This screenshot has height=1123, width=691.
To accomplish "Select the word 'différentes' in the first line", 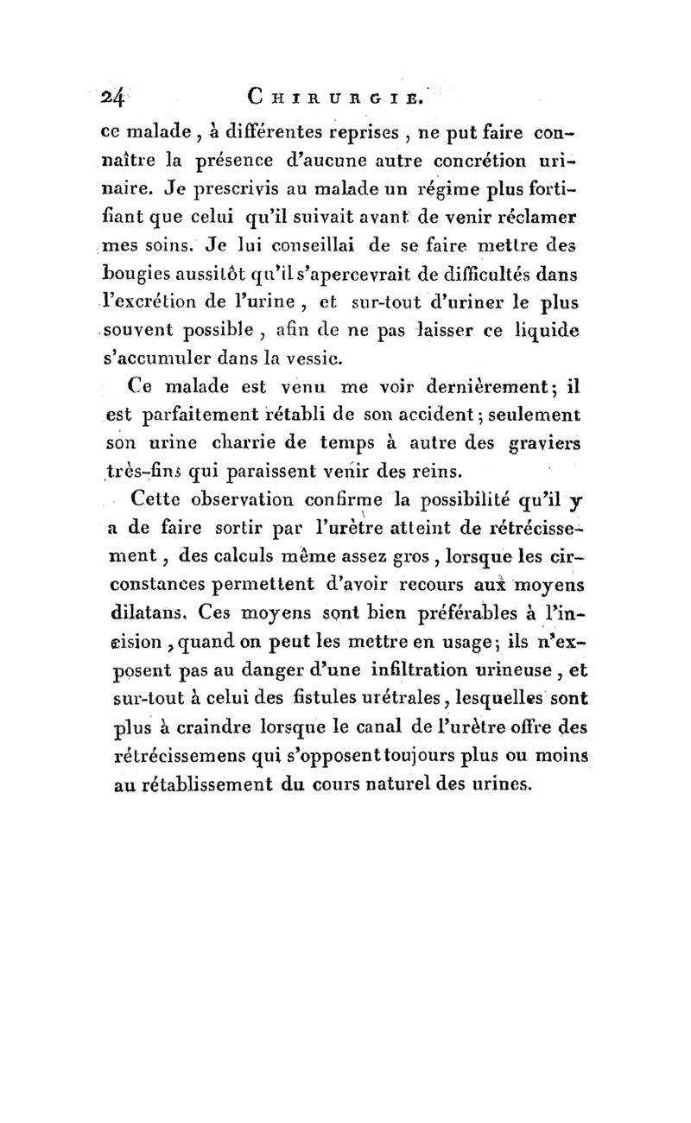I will tap(279, 135).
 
